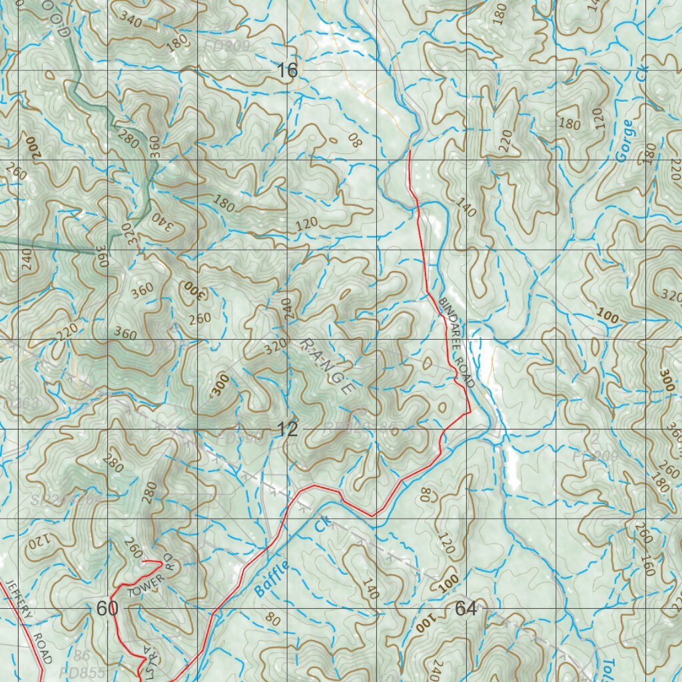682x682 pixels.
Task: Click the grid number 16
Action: pos(288,71)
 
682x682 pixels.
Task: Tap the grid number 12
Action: pos(288,430)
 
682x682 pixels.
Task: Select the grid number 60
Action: pos(107,608)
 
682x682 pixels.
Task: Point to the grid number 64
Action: pos(466,608)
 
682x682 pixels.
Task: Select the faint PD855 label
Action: pos(81,673)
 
